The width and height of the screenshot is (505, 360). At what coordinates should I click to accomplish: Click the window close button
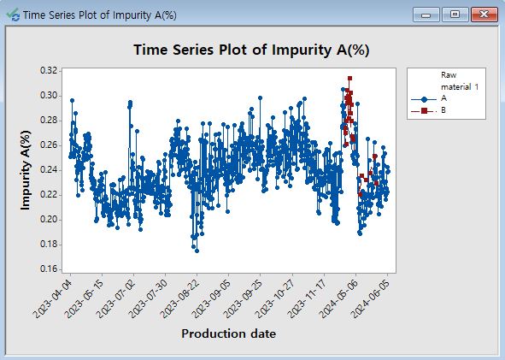coord(484,15)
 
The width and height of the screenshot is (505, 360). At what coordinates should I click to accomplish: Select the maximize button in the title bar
coord(455,15)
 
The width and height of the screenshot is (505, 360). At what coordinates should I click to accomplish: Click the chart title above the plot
coord(251,50)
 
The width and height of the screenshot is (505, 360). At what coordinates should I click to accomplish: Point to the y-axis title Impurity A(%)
coord(25,170)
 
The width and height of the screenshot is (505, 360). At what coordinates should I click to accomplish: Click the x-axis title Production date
coord(228,333)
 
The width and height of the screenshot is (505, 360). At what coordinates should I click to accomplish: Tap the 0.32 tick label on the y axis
coord(49,70)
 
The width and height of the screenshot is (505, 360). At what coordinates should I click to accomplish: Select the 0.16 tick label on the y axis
coord(49,269)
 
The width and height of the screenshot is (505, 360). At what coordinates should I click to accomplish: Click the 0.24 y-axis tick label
coord(49,169)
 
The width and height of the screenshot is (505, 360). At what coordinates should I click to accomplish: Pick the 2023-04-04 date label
coord(54,298)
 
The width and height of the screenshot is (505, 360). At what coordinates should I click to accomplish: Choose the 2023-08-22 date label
coord(180,298)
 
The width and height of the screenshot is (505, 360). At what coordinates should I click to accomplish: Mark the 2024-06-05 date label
coord(370,298)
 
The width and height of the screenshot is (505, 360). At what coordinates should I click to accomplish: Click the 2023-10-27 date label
coord(275,298)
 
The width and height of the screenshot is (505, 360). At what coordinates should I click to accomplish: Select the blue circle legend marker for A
coord(424,99)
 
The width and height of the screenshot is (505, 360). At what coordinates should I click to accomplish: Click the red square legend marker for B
coord(424,111)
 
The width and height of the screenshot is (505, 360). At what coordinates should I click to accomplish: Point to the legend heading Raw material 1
coord(460,81)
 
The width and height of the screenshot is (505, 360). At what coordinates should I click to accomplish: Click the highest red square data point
coord(349,79)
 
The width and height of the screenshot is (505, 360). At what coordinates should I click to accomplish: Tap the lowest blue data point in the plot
coord(197,251)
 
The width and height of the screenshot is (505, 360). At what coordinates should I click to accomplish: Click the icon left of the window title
coord(13,15)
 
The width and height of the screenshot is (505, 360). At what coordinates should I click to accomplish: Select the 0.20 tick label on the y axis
coord(49,219)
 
